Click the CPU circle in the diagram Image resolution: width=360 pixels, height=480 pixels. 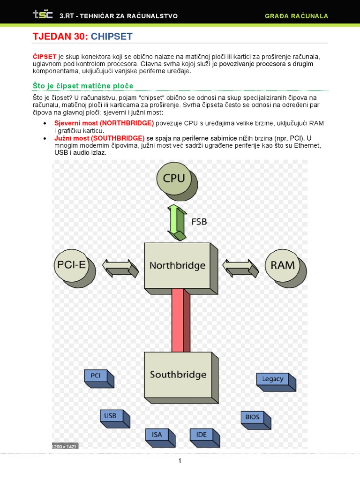[174, 179]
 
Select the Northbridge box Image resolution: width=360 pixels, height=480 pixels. [177, 265]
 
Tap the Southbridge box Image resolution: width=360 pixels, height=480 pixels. [178, 375]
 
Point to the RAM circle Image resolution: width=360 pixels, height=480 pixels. [283, 265]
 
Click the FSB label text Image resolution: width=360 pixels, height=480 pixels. [199, 221]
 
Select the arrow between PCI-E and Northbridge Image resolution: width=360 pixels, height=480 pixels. [120, 268]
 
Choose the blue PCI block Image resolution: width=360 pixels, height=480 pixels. [96, 376]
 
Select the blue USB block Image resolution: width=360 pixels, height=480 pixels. [111, 416]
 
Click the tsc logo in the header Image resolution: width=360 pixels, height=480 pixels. [42, 15]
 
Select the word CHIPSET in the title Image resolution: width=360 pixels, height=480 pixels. [112, 36]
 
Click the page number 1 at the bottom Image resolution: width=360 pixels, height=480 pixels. [180, 461]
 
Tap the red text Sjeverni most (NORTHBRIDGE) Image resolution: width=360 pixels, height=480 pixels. [104, 123]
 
